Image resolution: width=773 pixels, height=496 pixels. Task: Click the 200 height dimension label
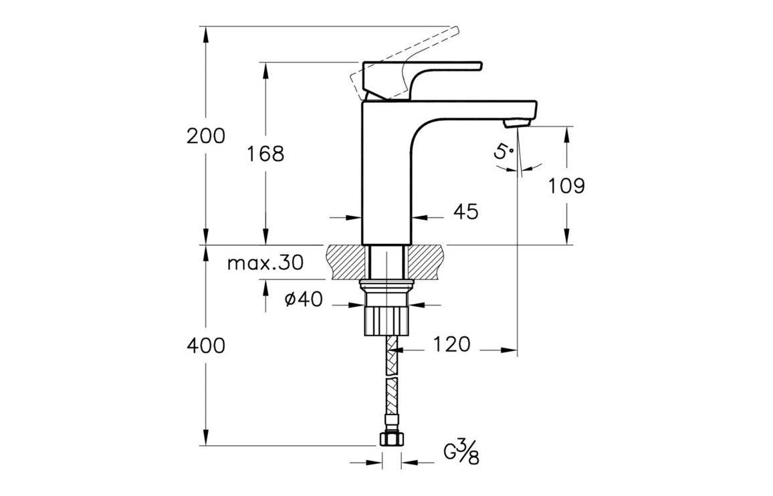206,136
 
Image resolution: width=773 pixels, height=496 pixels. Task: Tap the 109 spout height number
567,185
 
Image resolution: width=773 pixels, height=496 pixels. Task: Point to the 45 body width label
466,212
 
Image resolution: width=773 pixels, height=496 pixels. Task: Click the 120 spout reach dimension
451,345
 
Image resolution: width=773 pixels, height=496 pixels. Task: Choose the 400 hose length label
206,346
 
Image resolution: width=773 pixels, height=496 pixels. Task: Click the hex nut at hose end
391,439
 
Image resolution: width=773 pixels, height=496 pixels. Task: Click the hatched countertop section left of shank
348,262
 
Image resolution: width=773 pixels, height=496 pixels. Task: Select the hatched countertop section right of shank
426,262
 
